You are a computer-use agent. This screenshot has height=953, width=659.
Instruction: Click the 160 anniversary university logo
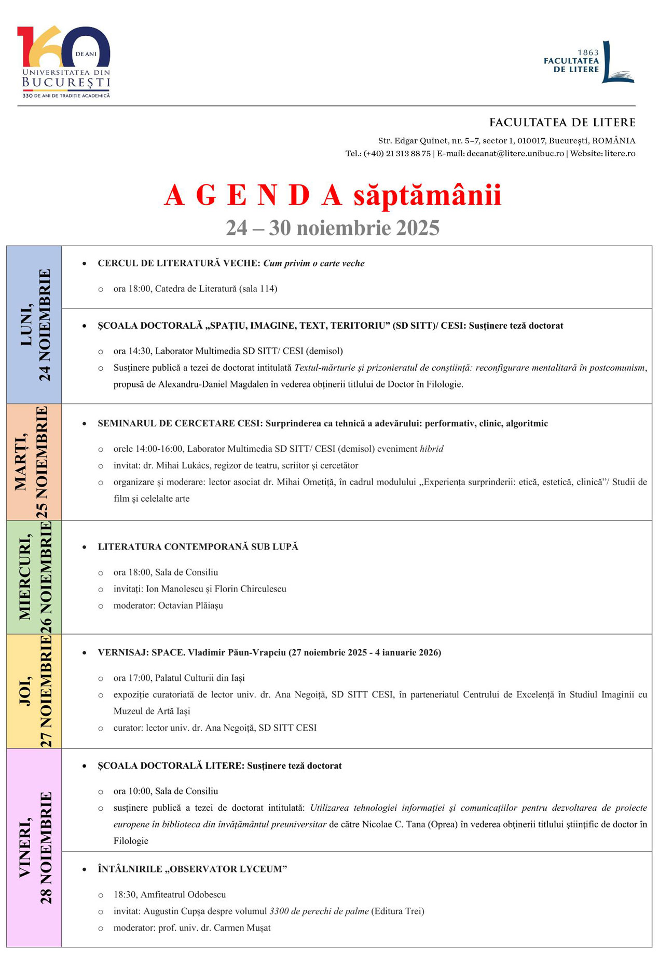(x=64, y=61)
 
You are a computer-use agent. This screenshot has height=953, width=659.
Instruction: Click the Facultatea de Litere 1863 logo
(x=589, y=62)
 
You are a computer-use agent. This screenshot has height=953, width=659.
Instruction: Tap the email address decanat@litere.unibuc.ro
(x=515, y=154)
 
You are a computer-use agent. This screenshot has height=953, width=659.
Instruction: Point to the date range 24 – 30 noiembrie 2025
(x=333, y=228)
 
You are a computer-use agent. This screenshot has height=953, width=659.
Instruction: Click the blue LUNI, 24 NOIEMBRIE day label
(x=34, y=325)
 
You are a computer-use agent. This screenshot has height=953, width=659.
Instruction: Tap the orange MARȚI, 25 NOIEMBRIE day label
(x=34, y=462)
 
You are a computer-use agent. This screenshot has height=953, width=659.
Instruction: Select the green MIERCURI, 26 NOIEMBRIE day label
(x=34, y=576)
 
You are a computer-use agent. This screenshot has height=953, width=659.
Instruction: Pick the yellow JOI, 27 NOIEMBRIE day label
(x=34, y=691)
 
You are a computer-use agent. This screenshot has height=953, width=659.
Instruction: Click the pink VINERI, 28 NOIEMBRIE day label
(x=34, y=848)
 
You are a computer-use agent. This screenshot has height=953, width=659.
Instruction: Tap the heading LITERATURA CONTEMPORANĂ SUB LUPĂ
(x=198, y=547)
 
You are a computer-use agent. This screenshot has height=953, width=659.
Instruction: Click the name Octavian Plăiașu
(x=190, y=606)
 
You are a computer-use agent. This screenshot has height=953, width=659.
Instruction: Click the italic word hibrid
(x=432, y=449)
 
